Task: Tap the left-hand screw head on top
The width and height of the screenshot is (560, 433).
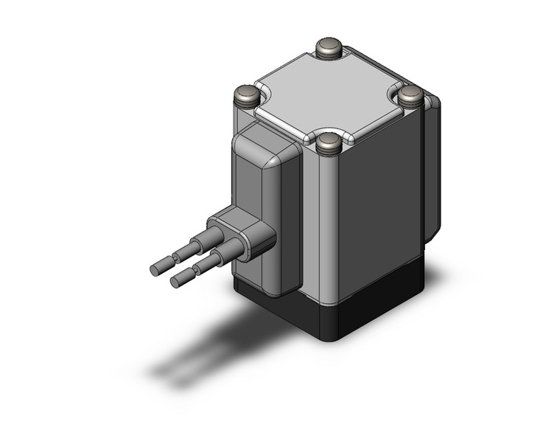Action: (x=246, y=94)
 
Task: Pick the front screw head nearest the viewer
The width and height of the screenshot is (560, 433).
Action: (x=328, y=143)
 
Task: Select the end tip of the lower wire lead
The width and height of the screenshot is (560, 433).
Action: (x=179, y=281)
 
